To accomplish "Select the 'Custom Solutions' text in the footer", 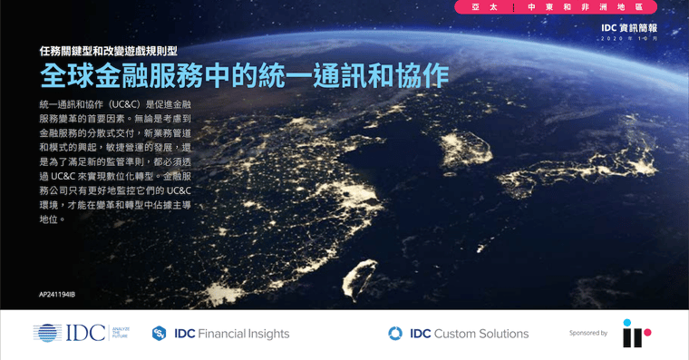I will click(481, 334).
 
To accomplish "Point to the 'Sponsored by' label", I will click(588, 334).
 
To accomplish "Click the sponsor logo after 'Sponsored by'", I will click(636, 333).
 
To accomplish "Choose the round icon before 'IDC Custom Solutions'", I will click(395, 334).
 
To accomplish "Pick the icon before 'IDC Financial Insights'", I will click(160, 334).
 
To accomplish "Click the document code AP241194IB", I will click(57, 295).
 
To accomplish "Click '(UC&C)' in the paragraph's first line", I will click(133, 104).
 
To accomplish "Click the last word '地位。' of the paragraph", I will click(53, 219).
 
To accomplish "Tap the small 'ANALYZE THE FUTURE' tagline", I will click(121, 333).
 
